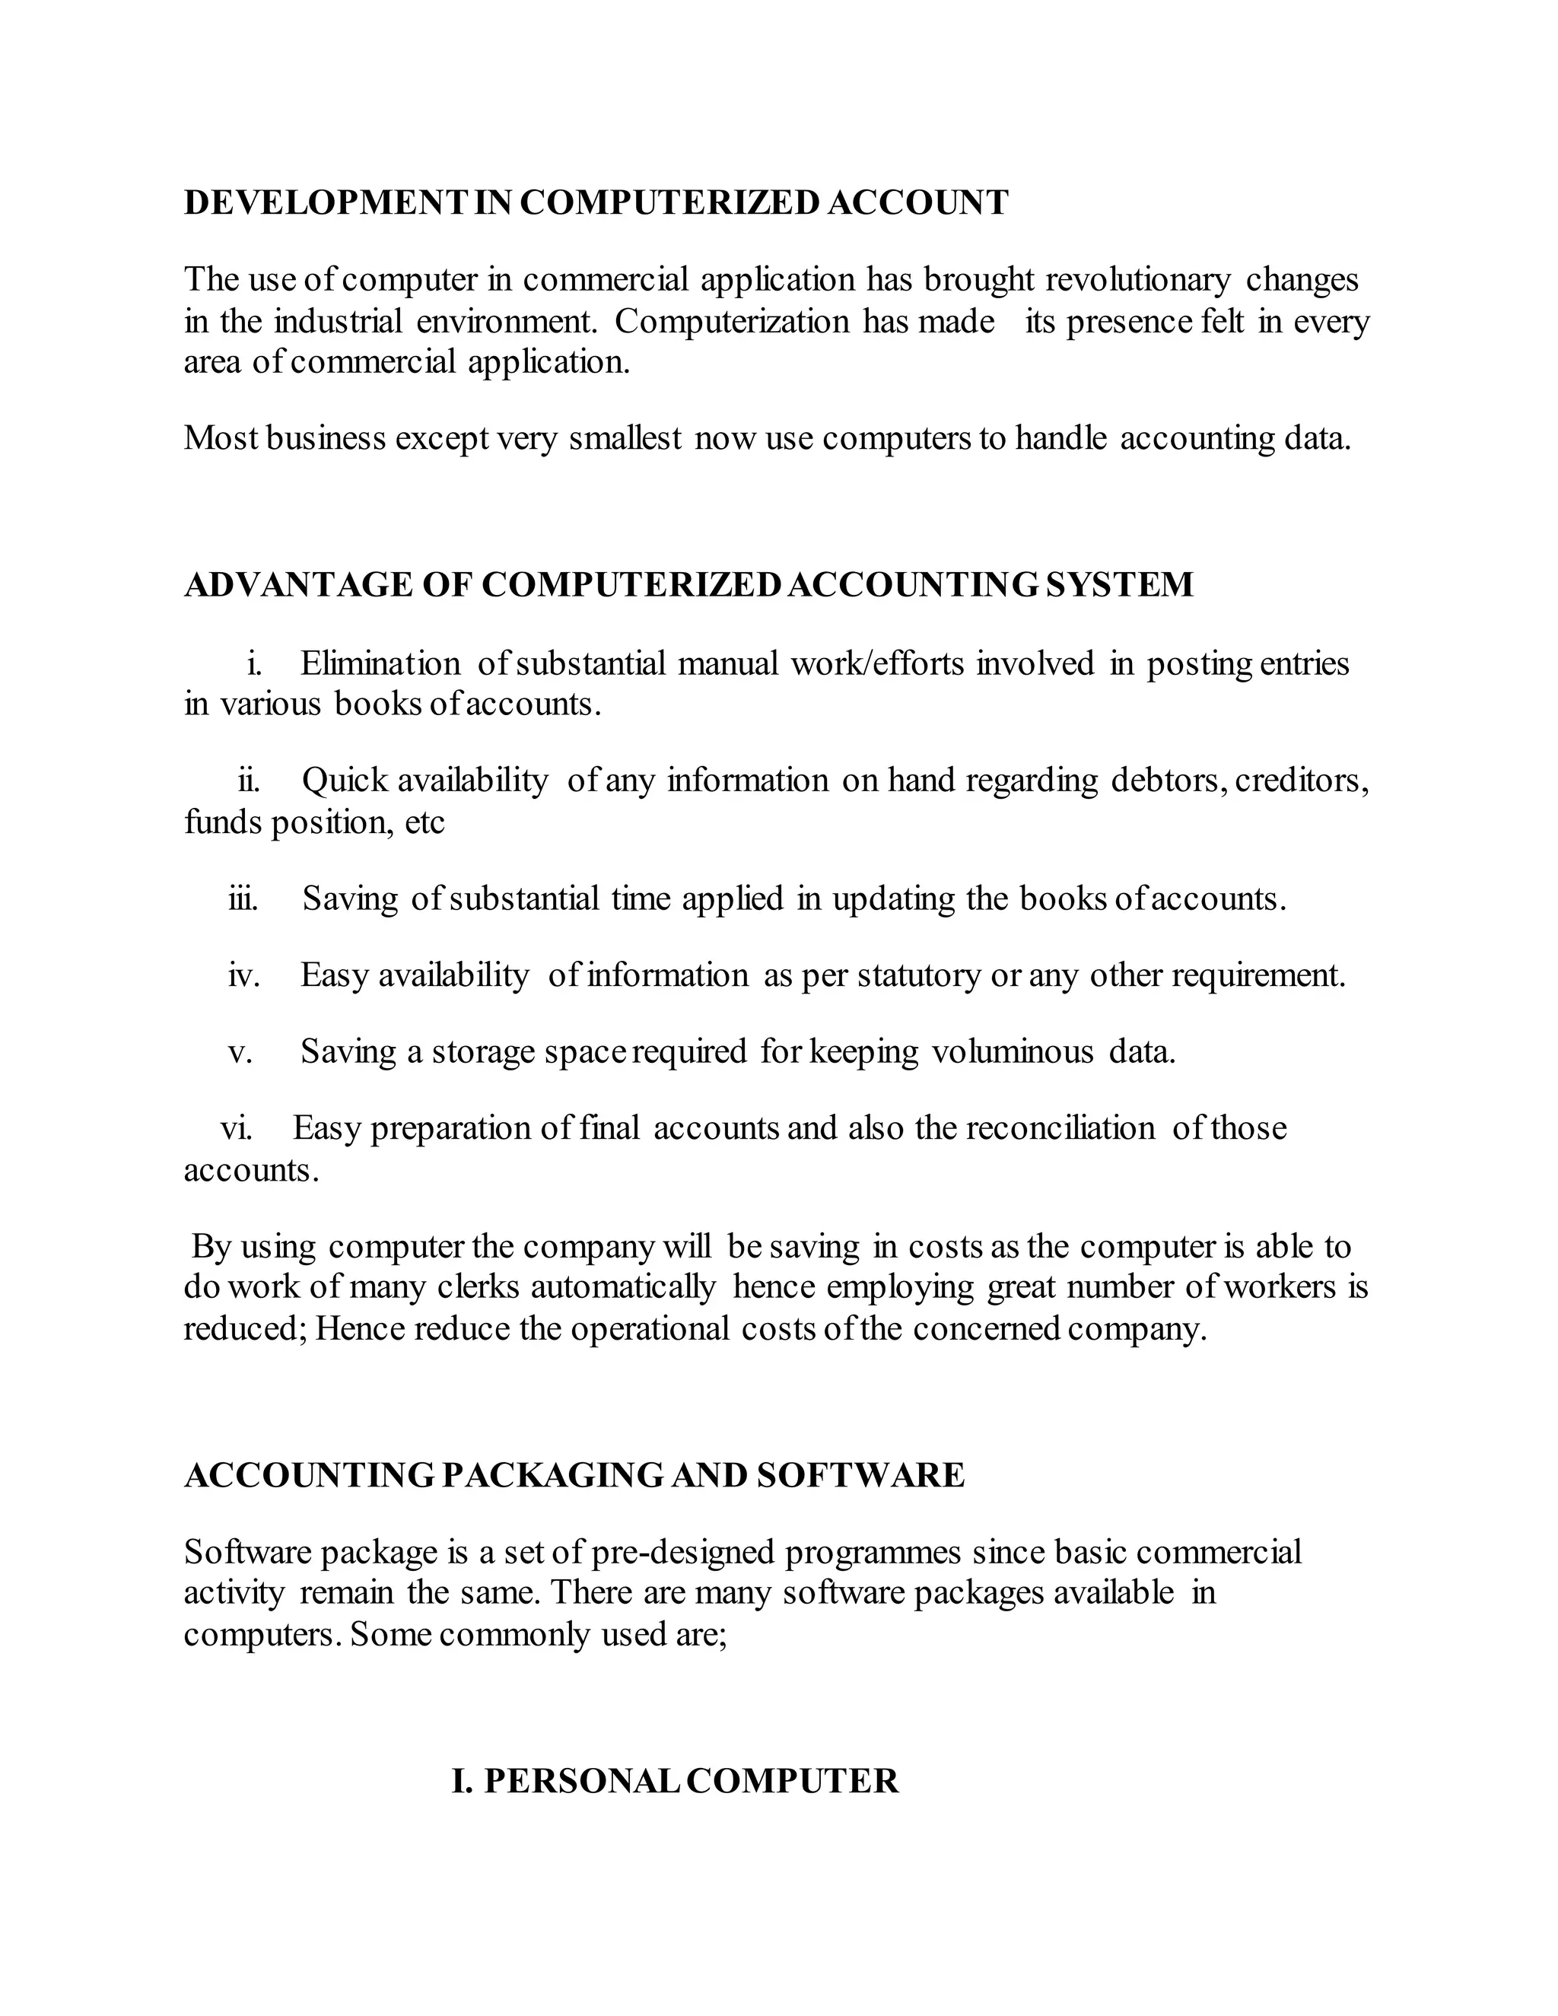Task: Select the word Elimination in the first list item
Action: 380,663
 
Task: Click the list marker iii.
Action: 243,898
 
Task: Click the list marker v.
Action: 240,1051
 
